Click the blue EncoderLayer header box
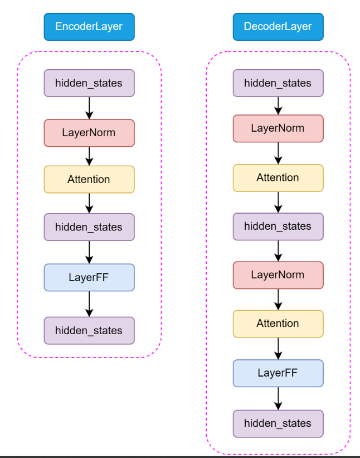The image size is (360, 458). point(89,27)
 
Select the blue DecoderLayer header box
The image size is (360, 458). point(278,27)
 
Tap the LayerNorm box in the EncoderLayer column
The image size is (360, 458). point(89,133)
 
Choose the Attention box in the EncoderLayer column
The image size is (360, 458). point(89,179)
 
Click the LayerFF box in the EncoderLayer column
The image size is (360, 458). point(89,277)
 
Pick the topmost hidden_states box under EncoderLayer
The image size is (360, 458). point(89,83)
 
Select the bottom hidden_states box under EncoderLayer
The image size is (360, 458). point(89,330)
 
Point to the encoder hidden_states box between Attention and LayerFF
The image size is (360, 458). point(89,227)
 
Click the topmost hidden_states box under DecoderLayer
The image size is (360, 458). point(278,83)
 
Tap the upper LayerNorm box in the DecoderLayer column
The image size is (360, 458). point(278,128)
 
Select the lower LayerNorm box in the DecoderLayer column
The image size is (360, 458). point(278,275)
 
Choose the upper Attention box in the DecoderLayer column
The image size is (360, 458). point(278,178)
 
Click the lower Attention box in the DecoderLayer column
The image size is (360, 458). point(278,324)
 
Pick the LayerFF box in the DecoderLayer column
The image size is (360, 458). point(278,373)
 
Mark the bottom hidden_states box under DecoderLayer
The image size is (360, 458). point(278,423)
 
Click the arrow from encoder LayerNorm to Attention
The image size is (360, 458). point(89,156)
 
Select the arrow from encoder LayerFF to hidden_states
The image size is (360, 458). point(89,304)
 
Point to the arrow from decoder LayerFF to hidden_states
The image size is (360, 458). point(278,398)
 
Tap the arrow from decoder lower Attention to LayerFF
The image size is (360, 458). point(278,349)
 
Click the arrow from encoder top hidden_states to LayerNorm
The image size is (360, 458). point(89,108)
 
